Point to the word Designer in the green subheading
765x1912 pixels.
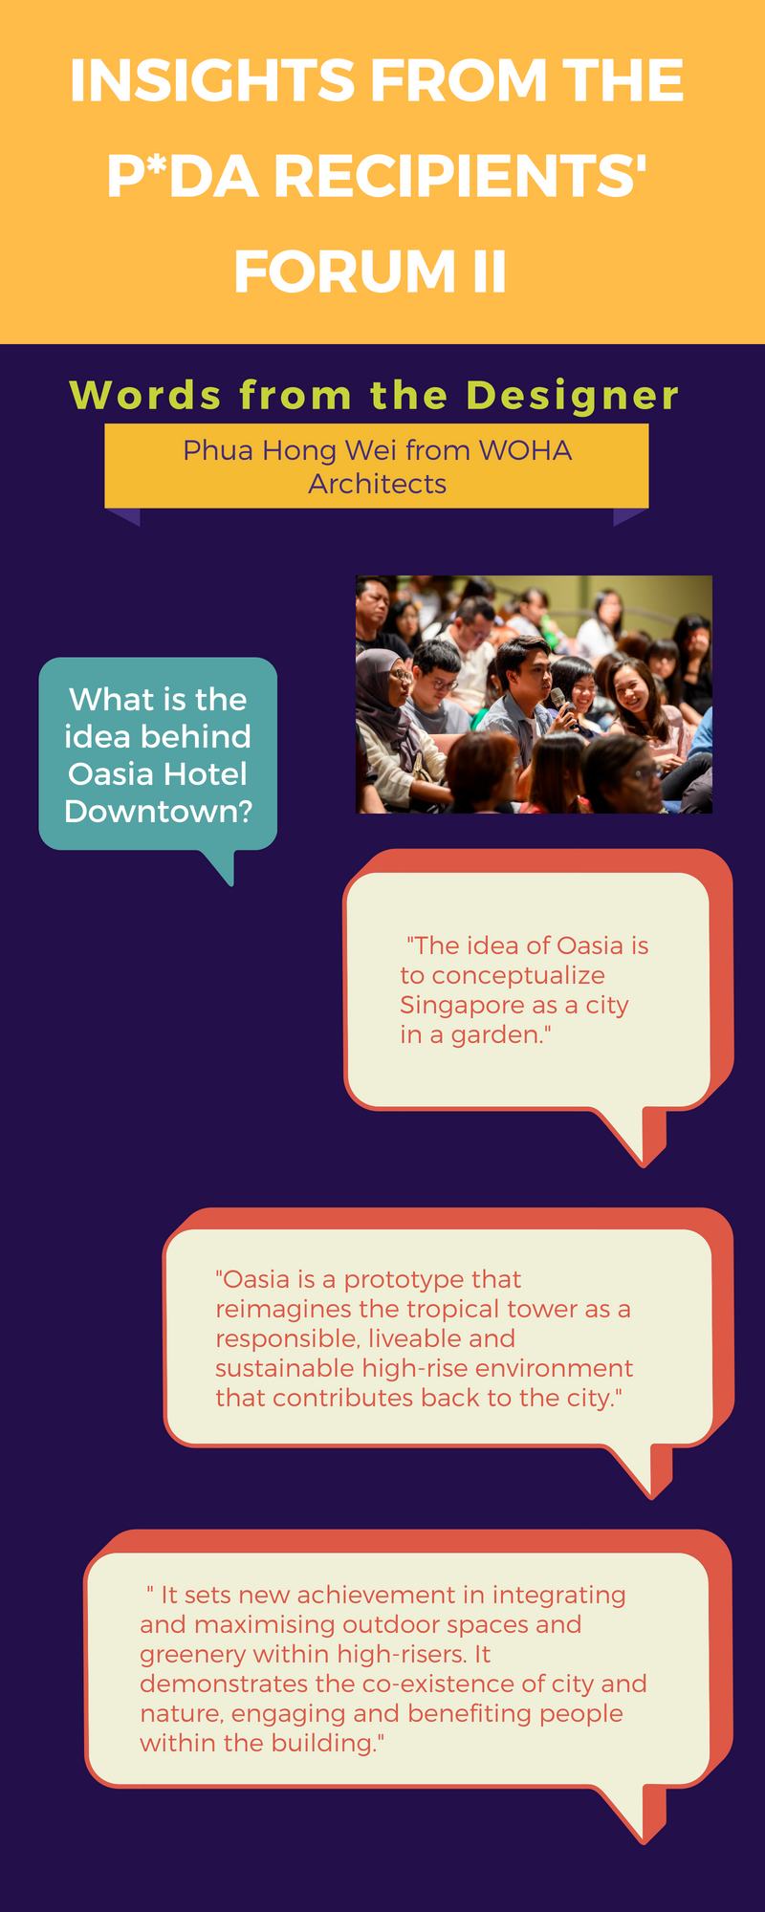573,396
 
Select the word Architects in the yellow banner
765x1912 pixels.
377,484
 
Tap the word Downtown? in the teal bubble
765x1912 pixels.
159,812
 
